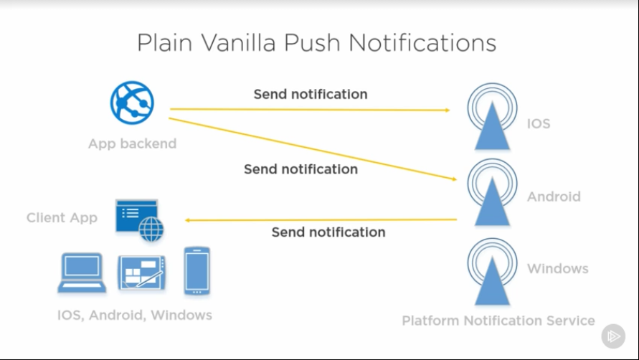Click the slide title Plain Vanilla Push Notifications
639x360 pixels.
point(316,43)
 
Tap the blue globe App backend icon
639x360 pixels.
point(132,101)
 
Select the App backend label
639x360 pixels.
point(132,143)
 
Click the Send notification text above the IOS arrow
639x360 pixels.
point(310,94)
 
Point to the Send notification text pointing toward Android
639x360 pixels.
point(300,169)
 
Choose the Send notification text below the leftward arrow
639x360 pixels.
point(328,232)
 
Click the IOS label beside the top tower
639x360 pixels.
point(539,123)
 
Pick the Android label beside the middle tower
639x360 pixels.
point(554,196)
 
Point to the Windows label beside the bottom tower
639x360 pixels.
point(557,269)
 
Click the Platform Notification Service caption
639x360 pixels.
point(498,321)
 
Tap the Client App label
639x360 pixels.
point(62,217)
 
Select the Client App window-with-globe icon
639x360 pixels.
point(139,219)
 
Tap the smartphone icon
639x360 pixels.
point(197,270)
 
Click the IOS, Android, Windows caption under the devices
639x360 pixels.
point(135,315)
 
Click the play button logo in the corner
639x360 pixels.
point(614,336)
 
